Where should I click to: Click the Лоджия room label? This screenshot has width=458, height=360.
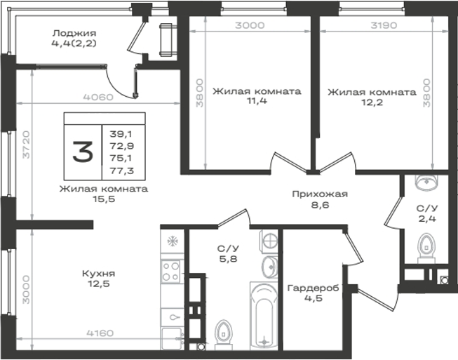point(74,33)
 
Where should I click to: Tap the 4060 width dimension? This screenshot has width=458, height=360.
point(98,97)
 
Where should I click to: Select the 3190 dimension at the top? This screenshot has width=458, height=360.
point(384,25)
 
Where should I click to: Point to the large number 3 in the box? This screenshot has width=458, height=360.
point(83,152)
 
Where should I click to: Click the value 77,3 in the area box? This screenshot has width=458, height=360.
point(122,171)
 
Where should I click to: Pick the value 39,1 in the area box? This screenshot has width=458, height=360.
point(121,134)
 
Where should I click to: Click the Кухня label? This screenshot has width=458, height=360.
point(99,274)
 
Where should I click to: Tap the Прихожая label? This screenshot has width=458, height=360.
point(320,194)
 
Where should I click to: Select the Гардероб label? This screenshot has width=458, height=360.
point(314,288)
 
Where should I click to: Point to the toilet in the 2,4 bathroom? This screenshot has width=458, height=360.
point(426,248)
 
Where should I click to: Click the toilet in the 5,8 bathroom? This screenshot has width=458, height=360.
point(224,335)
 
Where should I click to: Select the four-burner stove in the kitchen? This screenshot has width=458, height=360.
point(171,272)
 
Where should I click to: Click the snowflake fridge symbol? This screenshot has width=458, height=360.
point(173,241)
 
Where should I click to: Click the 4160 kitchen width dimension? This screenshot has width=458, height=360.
point(100,333)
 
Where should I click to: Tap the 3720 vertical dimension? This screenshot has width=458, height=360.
point(26,145)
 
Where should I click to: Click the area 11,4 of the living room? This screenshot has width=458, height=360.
point(257,101)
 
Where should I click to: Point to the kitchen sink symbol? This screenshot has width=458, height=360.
point(172,317)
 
